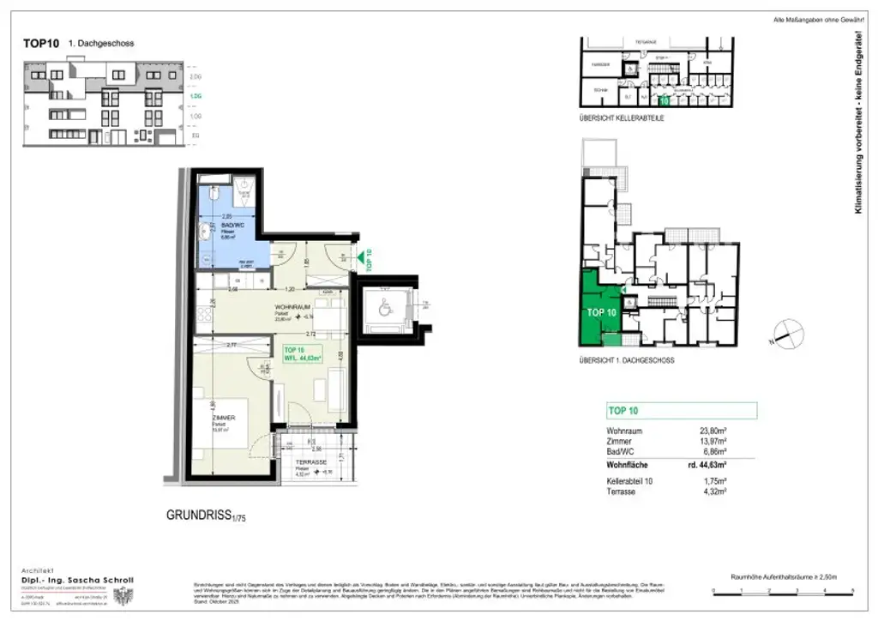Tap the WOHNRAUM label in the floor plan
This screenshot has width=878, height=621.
tap(292, 307)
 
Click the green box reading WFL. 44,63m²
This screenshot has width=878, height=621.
tap(303, 353)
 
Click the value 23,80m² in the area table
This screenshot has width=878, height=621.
tap(713, 431)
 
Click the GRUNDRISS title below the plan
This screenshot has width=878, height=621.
tap(200, 515)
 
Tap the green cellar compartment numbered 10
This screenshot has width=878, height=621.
tap(663, 101)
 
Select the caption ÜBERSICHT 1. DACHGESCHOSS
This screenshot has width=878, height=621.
tap(626, 360)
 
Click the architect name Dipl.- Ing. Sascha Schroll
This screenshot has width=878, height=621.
tap(76, 580)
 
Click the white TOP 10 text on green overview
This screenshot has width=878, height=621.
tap(601, 312)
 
